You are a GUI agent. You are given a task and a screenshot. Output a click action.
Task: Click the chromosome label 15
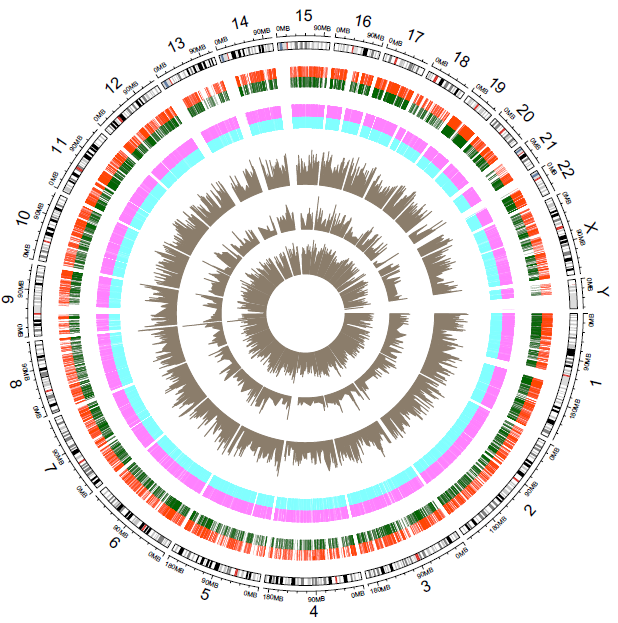point(304,15)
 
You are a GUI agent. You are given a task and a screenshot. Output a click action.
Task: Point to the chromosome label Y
point(604,290)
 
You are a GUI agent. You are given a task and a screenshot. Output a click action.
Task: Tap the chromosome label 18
point(461,59)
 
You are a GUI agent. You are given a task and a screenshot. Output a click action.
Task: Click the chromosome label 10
point(22,217)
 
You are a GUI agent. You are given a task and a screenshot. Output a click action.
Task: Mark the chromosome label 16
point(363,21)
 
